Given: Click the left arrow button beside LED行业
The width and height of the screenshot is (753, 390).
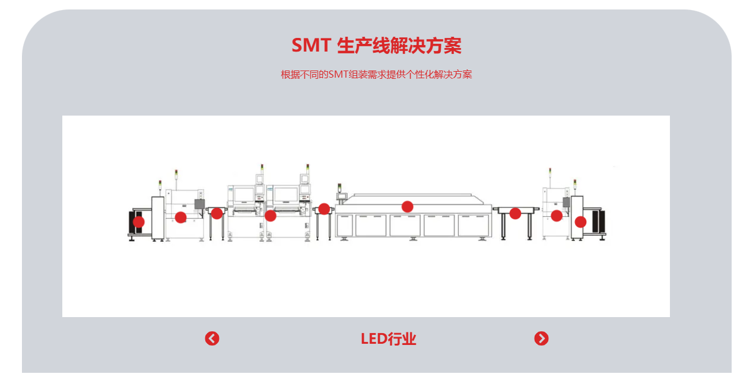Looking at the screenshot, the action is tap(212, 338).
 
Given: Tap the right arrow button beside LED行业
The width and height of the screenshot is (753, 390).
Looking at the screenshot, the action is tap(541, 338).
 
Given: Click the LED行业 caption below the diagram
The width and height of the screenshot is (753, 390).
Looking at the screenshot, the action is tap(388, 339).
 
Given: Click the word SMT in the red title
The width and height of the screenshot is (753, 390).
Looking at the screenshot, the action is tap(312, 45).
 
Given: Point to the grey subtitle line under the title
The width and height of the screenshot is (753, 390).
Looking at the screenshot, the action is tap(376, 74).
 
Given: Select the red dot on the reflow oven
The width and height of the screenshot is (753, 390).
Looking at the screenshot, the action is tap(407, 207).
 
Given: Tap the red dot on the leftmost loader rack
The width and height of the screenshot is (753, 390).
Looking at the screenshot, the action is tap(138, 222).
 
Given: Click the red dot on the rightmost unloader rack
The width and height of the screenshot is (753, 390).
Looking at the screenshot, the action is tap(580, 222).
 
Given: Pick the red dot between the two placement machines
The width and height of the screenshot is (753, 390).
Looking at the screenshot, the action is tap(270, 216).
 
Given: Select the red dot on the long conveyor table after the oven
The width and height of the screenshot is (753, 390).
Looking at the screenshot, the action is tap(515, 213).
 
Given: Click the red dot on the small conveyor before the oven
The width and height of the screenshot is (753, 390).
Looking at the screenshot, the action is tap(324, 209).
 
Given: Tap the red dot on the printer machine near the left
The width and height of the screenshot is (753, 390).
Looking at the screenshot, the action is tap(180, 218).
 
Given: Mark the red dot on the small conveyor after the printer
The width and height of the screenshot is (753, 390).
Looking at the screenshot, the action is tap(217, 213).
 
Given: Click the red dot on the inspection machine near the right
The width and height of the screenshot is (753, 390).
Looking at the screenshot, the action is tap(557, 216).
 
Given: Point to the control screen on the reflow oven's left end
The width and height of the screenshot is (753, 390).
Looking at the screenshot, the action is tap(342, 196).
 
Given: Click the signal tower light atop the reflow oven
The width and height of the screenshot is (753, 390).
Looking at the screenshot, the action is tap(339, 187).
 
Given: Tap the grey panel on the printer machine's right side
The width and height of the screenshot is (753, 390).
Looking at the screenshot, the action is tap(200, 204).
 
